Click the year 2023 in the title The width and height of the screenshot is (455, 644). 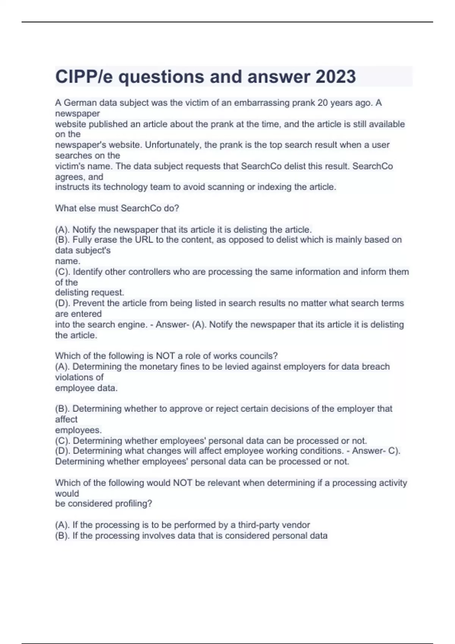pyautogui.click(x=336, y=77)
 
